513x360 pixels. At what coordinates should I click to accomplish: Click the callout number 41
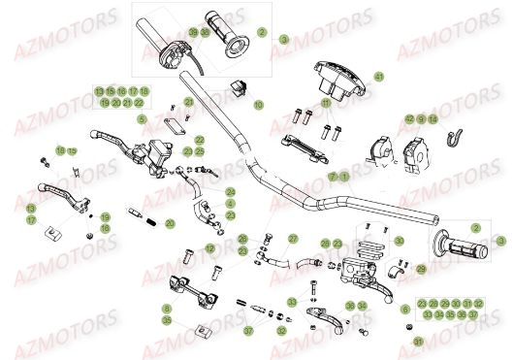tap(379, 76)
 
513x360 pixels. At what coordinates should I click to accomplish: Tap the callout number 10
tap(259, 104)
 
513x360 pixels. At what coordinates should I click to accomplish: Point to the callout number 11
tap(326, 101)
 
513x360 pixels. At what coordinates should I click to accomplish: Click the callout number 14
tap(433, 118)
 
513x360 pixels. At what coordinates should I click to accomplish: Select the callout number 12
tap(209, 249)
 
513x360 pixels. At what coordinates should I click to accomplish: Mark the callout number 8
tap(167, 309)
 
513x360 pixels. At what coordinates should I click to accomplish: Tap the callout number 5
tap(141, 118)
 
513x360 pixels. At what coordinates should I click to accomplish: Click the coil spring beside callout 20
tap(152, 224)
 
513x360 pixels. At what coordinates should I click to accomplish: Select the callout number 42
tap(409, 118)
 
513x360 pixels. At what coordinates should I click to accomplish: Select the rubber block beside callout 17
tap(55, 231)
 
